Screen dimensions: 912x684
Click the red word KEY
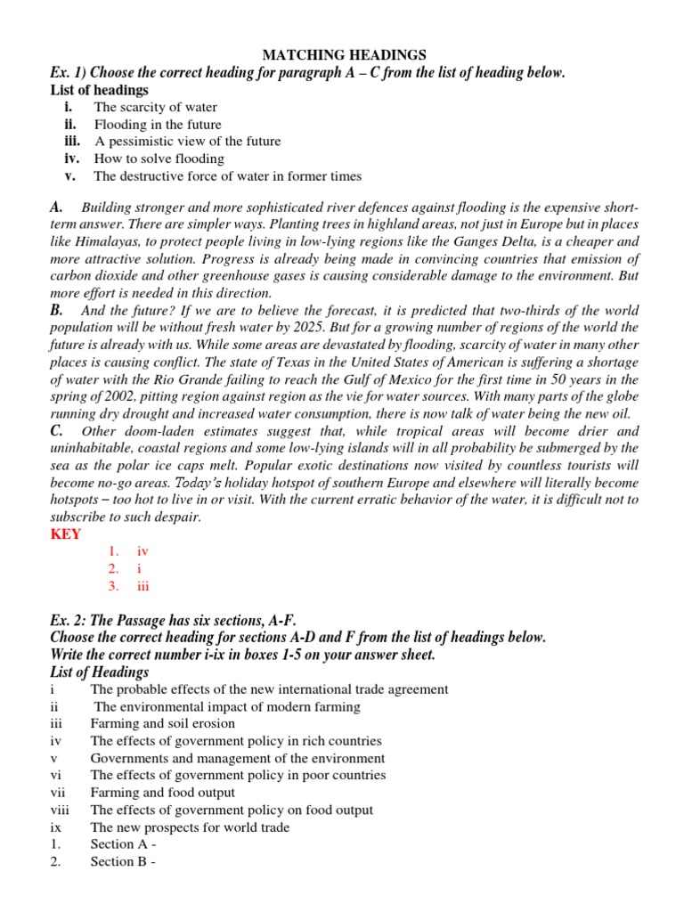point(66,534)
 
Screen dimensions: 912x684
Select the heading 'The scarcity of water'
point(155,108)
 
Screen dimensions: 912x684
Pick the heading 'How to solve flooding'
point(159,159)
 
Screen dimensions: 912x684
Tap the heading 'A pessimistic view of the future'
point(187,142)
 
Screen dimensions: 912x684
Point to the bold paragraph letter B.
point(57,311)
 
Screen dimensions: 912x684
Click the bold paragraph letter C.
point(57,430)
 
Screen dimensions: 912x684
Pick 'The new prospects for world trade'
point(190,827)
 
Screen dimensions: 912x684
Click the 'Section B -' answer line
point(123,861)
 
